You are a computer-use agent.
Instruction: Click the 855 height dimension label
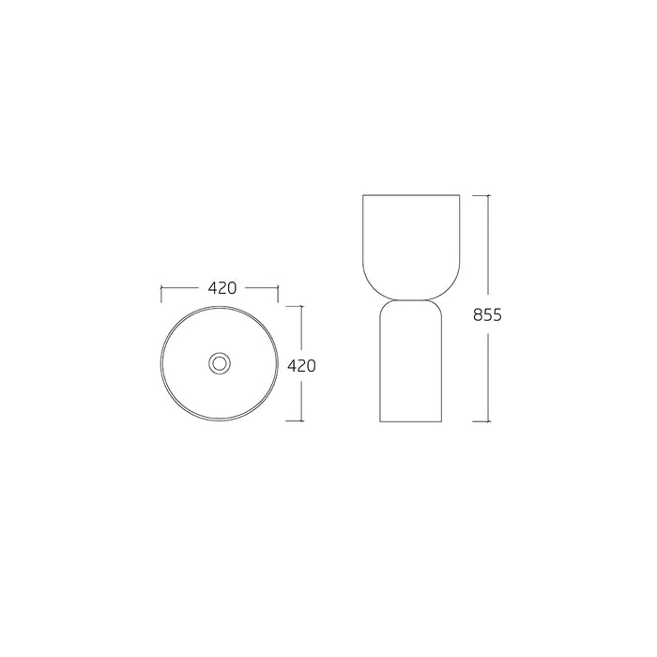pos(487,314)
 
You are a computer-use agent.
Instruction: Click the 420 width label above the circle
pos(222,288)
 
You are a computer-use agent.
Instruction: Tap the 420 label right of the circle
pos(301,366)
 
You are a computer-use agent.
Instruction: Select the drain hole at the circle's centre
pos(220,363)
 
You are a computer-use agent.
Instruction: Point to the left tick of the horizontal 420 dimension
pos(161,294)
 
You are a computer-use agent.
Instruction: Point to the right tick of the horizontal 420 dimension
pos(278,294)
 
